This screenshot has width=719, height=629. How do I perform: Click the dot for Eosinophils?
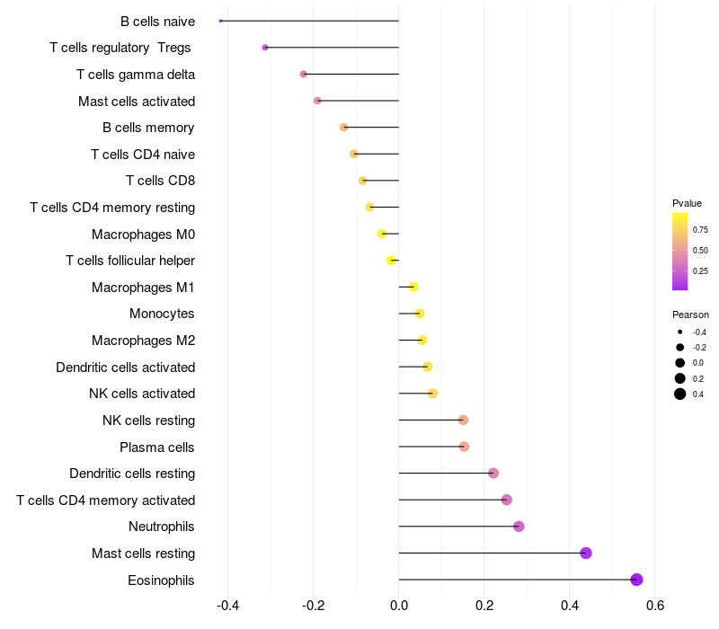636,580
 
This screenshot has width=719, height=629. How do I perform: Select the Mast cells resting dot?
586,553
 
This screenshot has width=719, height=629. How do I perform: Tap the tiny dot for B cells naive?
220,21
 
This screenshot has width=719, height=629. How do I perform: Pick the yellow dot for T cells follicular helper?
391,261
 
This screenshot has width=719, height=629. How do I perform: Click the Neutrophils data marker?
519,527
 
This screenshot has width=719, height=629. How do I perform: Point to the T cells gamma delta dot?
303,74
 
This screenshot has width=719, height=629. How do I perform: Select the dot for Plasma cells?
464,447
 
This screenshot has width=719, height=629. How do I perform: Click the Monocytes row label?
162,314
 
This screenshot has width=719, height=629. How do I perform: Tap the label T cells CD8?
161,181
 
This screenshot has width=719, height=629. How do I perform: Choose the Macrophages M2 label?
144,341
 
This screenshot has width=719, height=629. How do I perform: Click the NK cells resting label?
149,421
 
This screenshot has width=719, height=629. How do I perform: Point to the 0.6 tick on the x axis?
655,606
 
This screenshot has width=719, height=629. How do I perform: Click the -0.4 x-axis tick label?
228,606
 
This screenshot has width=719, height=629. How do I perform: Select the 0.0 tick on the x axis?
399,606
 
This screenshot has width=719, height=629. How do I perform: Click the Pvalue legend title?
687,203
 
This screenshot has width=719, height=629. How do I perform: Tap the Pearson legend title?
690,314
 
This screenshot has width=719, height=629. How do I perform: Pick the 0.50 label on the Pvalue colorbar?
700,251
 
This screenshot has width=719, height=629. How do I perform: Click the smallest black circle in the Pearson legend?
679,332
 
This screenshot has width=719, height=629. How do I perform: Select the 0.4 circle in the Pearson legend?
679,394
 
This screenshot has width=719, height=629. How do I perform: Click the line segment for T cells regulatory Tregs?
332,48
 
